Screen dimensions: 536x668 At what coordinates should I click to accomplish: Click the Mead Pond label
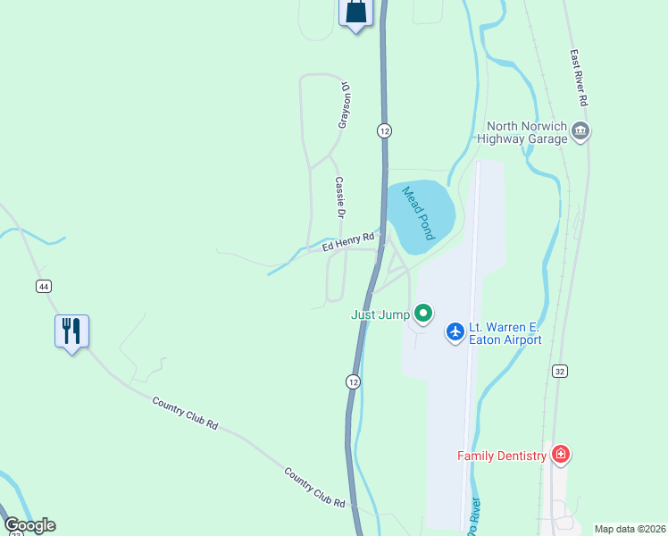click(417, 213)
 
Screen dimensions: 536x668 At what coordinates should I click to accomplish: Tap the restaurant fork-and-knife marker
click(71, 331)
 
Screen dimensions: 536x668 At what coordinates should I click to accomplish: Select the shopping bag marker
click(355, 13)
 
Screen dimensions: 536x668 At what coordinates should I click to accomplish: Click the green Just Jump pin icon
click(424, 314)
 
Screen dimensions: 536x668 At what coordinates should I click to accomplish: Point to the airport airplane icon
click(455, 332)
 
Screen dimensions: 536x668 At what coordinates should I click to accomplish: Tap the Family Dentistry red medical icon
click(561, 455)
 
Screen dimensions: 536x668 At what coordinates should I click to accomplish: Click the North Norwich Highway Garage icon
click(580, 132)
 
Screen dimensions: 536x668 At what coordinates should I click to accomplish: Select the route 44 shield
click(43, 286)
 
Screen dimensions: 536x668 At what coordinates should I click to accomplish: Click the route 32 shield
click(560, 371)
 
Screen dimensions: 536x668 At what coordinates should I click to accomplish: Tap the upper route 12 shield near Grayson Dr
click(384, 130)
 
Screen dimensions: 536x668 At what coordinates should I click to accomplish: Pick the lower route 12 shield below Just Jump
click(354, 381)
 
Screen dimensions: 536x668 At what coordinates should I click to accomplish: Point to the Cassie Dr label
click(340, 197)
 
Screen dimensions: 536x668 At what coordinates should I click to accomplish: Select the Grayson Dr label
click(342, 105)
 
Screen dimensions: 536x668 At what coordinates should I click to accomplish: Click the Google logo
click(29, 525)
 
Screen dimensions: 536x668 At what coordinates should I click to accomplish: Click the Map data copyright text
click(629, 529)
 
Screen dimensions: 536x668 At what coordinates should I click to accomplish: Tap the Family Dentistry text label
click(501, 456)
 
